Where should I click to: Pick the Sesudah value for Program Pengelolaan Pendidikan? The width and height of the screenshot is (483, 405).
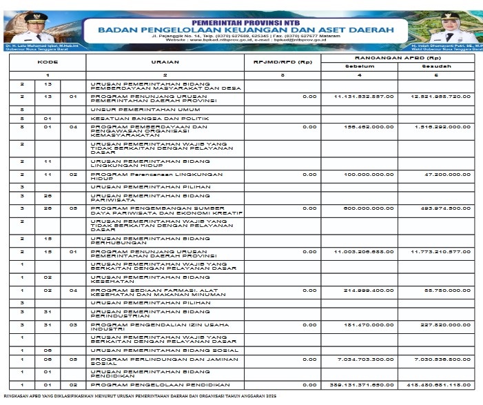441,384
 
